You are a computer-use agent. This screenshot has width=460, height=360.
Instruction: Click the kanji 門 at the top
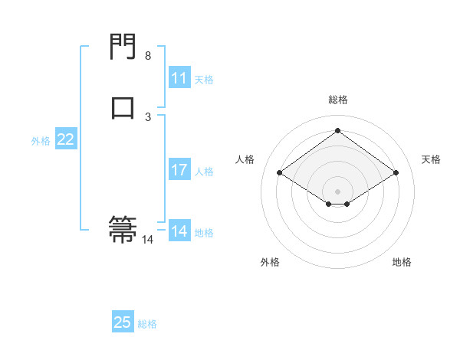click(123, 47)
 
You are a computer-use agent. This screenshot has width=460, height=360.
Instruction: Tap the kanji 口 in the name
click(123, 107)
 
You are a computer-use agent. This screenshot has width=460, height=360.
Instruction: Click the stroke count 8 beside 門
click(148, 56)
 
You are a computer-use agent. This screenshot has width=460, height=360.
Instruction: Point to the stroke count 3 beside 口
click(148, 117)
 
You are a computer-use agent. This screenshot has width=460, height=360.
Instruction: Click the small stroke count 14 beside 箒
click(148, 240)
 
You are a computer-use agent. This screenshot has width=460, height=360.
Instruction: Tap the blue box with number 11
click(179, 78)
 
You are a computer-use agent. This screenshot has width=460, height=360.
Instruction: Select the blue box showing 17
click(179, 170)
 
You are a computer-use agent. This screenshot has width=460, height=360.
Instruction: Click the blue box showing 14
click(179, 231)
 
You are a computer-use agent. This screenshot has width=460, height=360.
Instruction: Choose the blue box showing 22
click(66, 139)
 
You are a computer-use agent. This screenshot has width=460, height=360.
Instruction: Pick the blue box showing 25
click(123, 322)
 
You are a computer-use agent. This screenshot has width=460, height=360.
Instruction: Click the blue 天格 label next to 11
click(204, 80)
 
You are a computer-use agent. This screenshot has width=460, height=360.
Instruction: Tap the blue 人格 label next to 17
click(204, 172)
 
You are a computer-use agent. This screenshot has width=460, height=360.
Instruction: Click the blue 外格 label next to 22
click(41, 141)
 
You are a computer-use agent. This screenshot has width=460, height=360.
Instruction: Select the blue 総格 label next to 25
click(147, 324)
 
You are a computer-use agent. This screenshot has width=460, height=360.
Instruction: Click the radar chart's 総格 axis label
click(338, 100)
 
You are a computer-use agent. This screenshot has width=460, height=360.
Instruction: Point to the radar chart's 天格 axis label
click(431, 159)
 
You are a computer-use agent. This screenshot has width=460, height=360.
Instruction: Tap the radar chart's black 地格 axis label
click(402, 262)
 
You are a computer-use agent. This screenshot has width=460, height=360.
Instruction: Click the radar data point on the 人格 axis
click(280, 173)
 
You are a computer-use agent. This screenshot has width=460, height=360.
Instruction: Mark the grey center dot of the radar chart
click(338, 191)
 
